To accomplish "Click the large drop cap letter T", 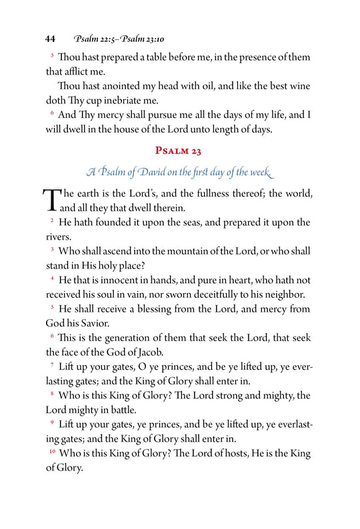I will pyautogui.click(x=51, y=199).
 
